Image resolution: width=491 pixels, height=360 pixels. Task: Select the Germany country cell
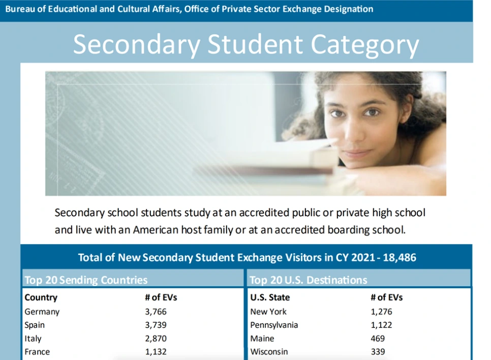[42, 312]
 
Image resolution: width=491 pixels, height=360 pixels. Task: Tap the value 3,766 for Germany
[156, 312]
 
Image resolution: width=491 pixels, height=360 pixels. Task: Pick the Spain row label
[35, 325]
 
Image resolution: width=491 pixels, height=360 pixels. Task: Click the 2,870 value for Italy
[156, 338]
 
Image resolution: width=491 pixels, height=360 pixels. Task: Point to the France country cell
[37, 351]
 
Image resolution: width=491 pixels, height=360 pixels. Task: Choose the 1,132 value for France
[156, 351]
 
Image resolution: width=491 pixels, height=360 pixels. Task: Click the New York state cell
[268, 312]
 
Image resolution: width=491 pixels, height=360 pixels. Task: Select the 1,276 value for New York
[381, 312]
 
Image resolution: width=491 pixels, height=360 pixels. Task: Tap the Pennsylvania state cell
[274, 325]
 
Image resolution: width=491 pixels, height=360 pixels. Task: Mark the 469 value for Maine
[378, 338]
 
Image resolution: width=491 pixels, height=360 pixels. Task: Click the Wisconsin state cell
[269, 351]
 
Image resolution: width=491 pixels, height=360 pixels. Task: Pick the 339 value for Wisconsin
[378, 351]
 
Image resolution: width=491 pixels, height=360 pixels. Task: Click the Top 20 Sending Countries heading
[86, 280]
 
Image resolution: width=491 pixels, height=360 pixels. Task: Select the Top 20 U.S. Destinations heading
[308, 280]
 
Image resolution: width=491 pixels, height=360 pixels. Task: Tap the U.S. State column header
[270, 297]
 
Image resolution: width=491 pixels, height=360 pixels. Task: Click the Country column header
[41, 297]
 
